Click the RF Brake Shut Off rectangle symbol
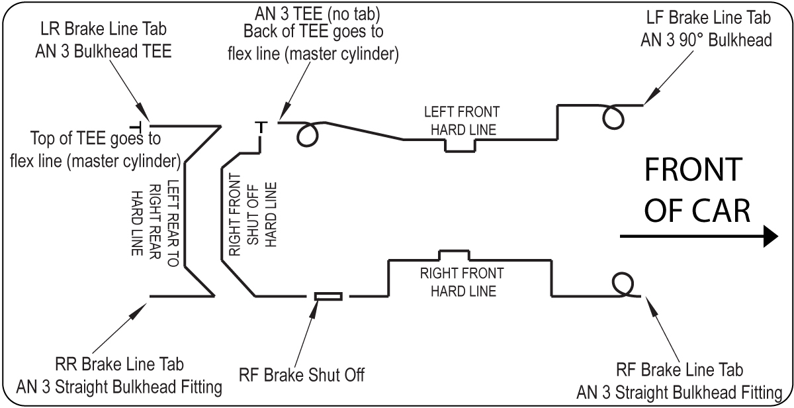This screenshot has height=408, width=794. pyautogui.click(x=329, y=296)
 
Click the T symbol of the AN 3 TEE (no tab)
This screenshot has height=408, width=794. pyautogui.click(x=261, y=127)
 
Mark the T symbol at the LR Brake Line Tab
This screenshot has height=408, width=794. pyautogui.click(x=136, y=127)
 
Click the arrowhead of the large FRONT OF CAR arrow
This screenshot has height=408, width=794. pyautogui.click(x=771, y=236)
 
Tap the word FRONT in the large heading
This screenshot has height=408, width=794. pyautogui.click(x=693, y=170)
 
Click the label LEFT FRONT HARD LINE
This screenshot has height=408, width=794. pyautogui.click(x=463, y=121)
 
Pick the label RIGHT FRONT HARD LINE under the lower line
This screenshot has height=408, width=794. pyautogui.click(x=462, y=282)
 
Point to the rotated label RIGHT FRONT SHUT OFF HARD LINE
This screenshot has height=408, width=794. pyautogui.click(x=253, y=215)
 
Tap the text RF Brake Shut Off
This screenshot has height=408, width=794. pyautogui.click(x=302, y=375)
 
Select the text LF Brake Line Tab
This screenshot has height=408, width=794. pyautogui.click(x=709, y=17)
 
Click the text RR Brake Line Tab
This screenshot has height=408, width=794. pyautogui.click(x=119, y=364)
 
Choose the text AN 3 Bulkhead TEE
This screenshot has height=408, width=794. pyautogui.click(x=103, y=52)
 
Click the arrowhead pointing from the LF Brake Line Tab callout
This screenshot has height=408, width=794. pyautogui.click(x=651, y=96)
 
